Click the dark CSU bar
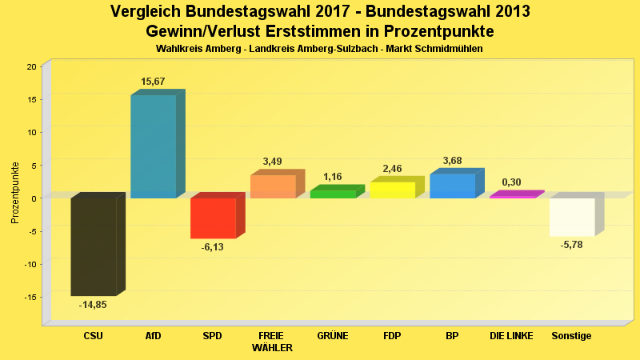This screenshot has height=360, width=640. click(94, 246)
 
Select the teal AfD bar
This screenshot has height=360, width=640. click(153, 146)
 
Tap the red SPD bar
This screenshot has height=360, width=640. click(213, 218)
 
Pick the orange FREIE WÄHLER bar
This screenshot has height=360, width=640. click(273, 186)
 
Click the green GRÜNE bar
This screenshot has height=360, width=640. click(333, 194)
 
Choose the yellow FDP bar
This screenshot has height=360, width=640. click(392, 190)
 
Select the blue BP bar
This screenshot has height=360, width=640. click(452, 186)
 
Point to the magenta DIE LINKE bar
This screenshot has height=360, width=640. click(512, 195)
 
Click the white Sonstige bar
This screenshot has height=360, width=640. click(572, 217)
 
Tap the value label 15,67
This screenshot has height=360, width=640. click(153, 82)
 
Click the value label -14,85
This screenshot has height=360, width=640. click(93, 305)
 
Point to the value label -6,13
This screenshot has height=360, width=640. click(213, 247)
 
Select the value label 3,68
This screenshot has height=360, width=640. click(452, 161)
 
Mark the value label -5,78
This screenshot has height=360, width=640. click(572, 245)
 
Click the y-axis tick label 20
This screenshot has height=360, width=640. click(31, 66)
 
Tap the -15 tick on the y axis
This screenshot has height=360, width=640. click(30, 297)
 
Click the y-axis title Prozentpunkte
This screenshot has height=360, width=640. click(14, 193)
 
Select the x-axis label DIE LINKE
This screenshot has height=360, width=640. click(511, 336)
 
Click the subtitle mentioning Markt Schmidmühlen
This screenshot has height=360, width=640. click(319, 49)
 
